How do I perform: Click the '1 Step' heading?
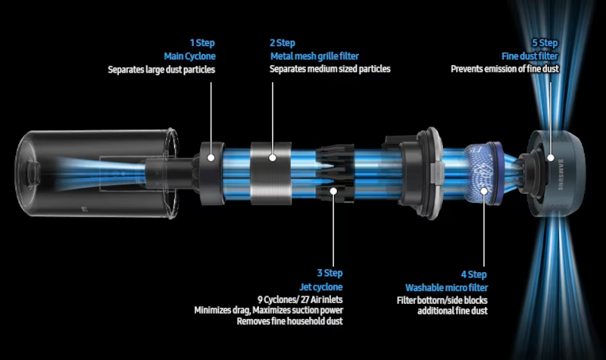tap(202, 43)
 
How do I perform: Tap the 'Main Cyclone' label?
tap(190, 56)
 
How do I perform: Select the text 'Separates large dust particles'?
tap(161, 70)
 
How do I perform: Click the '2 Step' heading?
tap(283, 43)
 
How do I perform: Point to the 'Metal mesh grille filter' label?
tap(314, 56)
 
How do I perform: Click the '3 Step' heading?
tap(330, 273)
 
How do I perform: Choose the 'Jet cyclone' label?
tap(321, 287)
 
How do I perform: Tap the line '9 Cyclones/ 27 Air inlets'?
tap(300, 299)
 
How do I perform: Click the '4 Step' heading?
tap(474, 274)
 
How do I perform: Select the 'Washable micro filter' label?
tap(446, 288)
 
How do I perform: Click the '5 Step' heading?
tap(545, 43)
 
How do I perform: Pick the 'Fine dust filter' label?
tap(529, 56)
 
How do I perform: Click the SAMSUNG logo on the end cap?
tap(561, 174)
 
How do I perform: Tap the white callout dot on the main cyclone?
tap(211, 158)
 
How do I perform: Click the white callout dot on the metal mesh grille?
tap(273, 158)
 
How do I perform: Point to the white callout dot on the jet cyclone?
tap(333, 191)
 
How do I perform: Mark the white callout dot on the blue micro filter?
tap(484, 191)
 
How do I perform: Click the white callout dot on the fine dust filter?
tap(551, 158)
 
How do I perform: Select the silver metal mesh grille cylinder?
tap(270, 173)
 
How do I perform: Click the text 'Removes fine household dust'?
tap(290, 321)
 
